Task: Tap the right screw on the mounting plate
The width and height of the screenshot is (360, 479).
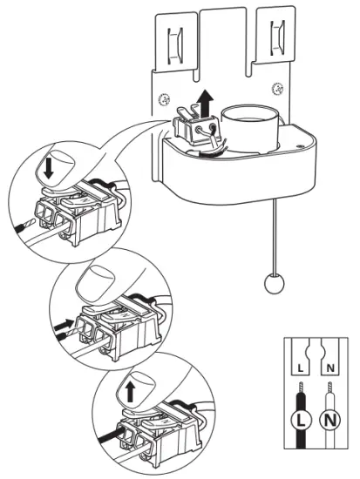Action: [x=276, y=88]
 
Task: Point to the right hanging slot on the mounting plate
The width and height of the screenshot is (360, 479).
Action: [x=278, y=35]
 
